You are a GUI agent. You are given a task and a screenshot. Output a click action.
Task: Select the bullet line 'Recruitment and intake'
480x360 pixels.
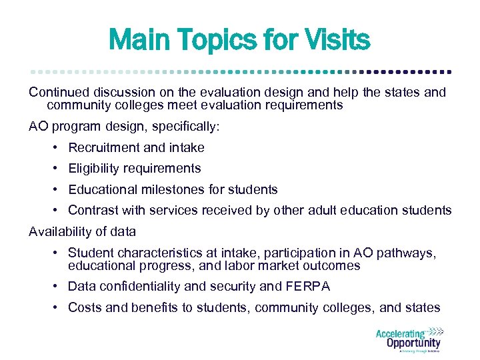[136, 147]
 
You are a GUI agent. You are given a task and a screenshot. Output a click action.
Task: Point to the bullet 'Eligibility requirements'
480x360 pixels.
[134, 168]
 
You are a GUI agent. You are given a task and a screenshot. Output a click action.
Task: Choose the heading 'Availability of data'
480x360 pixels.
[82, 231]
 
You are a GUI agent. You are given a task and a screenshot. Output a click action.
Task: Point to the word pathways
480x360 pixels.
[409, 253]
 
